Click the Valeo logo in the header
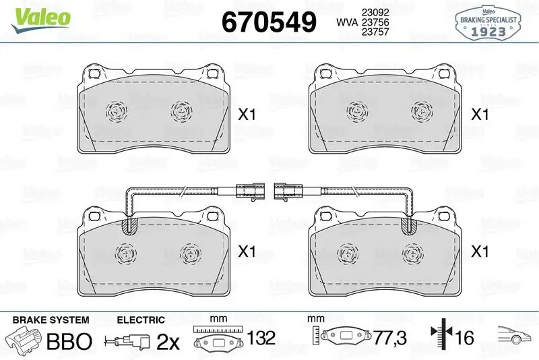click(x=41, y=20)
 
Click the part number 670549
click(x=269, y=22)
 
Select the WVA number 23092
click(x=375, y=12)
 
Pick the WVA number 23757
click(x=375, y=32)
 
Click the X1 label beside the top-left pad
click(x=247, y=115)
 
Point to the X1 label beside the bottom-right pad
click(x=480, y=251)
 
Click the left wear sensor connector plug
click(x=251, y=191)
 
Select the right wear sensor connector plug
click(x=288, y=191)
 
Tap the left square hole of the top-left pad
click(x=94, y=74)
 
